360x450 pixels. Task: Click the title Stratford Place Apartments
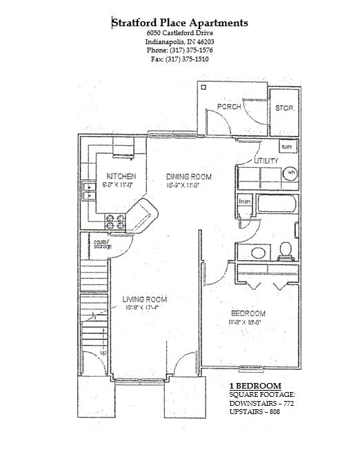click(x=180, y=23)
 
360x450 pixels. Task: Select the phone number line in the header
click(x=179, y=50)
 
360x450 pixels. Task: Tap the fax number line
click(x=179, y=59)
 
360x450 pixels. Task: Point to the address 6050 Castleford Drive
click(x=179, y=33)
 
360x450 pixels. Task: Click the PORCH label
click(x=228, y=107)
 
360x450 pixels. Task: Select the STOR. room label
click(x=283, y=108)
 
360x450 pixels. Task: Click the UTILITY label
click(x=266, y=161)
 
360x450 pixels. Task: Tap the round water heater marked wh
click(x=290, y=173)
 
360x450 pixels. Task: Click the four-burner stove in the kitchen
click(x=114, y=222)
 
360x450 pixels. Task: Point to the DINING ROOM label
click(x=188, y=177)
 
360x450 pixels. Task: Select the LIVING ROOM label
click(x=145, y=299)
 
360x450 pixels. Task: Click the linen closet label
click(x=244, y=201)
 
